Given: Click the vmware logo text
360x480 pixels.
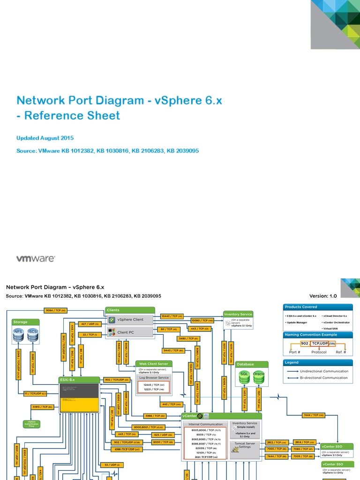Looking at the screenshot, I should [x=36, y=258].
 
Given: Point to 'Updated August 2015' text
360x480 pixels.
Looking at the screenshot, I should [x=45, y=138].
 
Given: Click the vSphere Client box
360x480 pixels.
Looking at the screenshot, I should [x=131, y=320].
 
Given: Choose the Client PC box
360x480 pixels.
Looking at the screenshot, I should [x=131, y=332].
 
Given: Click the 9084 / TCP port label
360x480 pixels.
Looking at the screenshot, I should [x=56, y=310].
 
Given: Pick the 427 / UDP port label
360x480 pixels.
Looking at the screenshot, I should [x=89, y=323].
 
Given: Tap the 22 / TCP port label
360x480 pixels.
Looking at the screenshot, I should [x=89, y=334].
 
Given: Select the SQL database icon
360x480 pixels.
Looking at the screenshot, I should [x=244, y=376].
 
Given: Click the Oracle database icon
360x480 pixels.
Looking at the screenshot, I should [x=259, y=376].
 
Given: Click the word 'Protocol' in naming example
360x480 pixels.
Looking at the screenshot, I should [x=319, y=352].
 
